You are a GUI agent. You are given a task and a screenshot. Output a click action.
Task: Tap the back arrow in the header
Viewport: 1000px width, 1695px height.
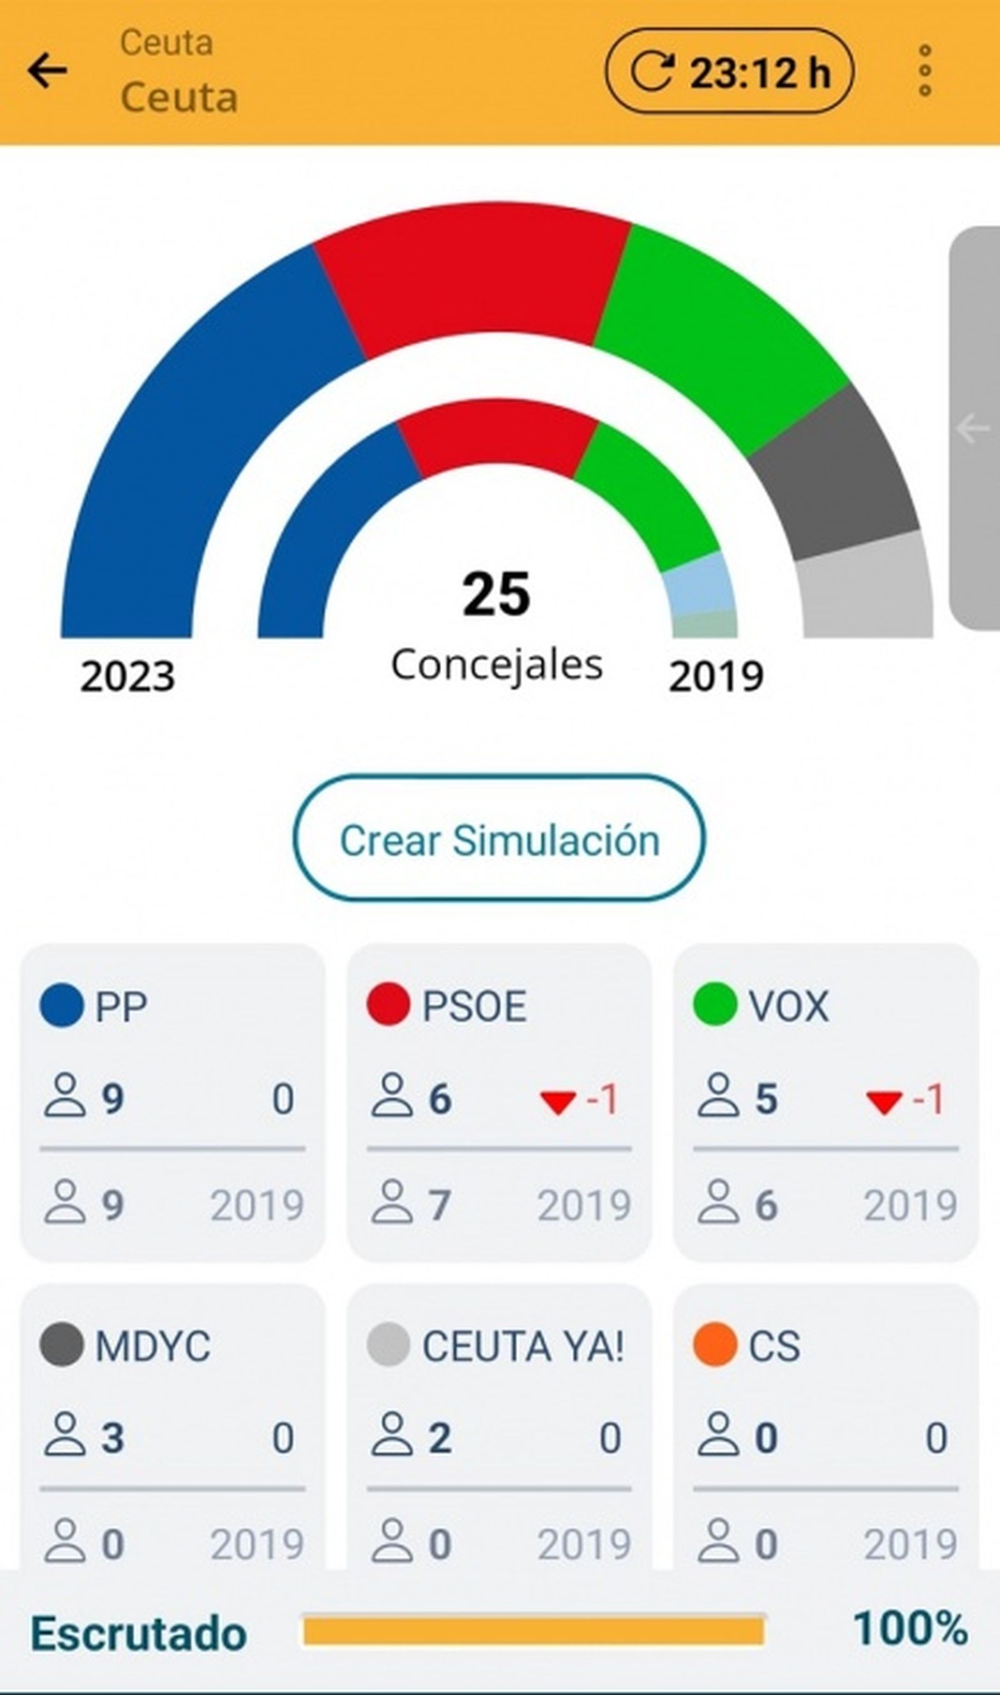[47, 71]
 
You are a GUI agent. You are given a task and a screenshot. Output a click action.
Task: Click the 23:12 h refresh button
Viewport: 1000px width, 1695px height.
[729, 71]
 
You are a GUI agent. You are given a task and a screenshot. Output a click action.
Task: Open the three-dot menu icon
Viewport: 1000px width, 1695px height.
[924, 71]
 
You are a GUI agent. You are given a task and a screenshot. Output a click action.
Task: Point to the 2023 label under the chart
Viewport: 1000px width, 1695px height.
[127, 676]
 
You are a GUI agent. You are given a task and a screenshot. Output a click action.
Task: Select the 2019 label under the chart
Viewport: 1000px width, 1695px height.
[716, 676]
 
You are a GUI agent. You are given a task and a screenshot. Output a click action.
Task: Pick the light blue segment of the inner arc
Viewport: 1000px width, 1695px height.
[698, 584]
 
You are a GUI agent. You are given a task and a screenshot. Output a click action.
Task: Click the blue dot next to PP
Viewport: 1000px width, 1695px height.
[61, 1005]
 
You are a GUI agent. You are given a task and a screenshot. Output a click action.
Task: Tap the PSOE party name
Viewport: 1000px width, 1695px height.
[474, 1006]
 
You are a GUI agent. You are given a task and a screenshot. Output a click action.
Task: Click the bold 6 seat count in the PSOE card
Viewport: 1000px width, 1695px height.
[440, 1099]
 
